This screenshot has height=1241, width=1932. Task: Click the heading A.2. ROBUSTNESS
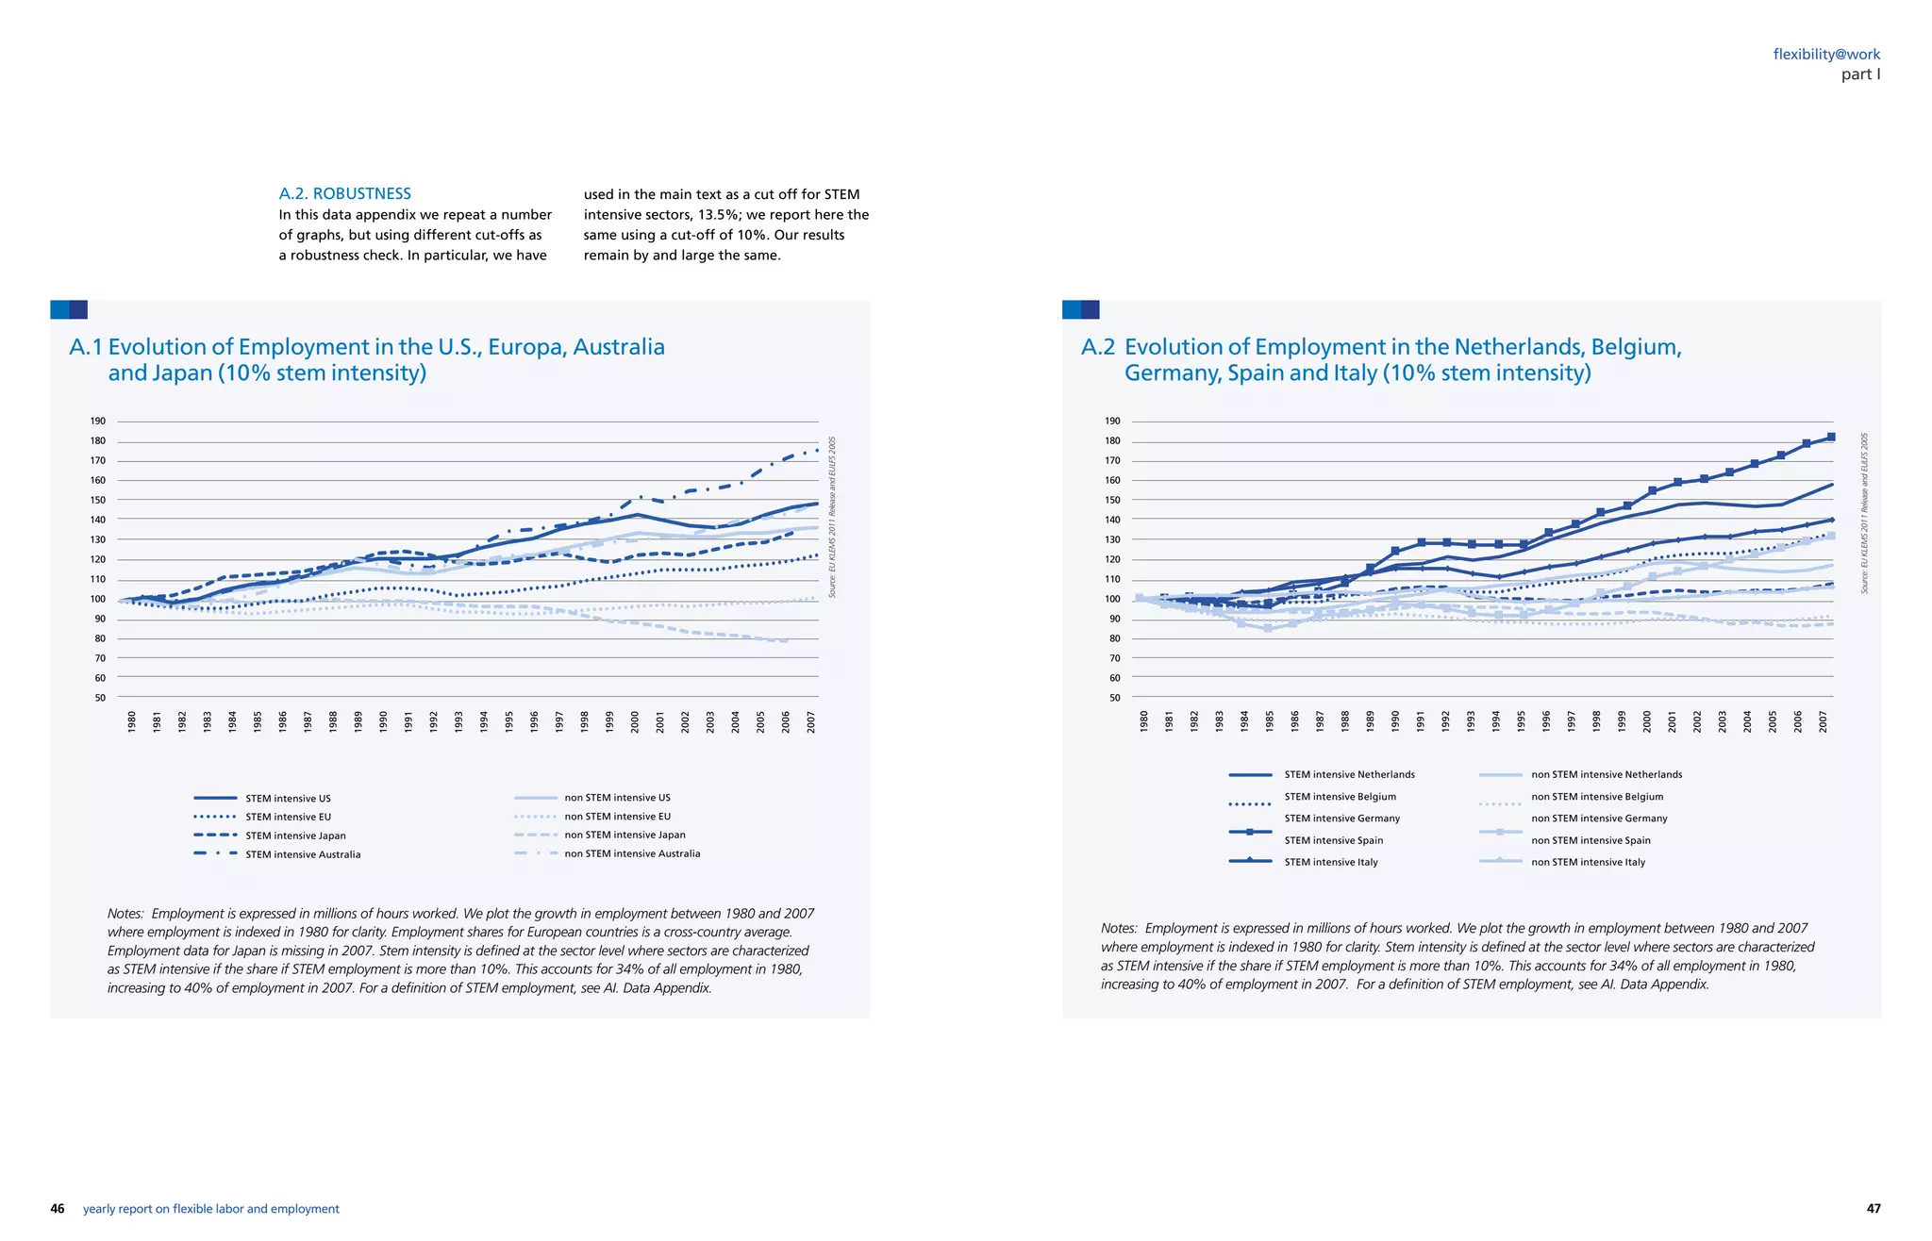[344, 193]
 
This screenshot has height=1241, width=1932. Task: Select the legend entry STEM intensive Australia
[303, 854]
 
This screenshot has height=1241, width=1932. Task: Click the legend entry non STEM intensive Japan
[625, 835]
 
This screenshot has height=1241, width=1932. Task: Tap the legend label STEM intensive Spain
[1333, 840]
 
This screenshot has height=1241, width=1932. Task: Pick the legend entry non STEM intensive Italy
[1588, 862]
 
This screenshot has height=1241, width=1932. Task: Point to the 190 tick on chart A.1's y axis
[99, 422]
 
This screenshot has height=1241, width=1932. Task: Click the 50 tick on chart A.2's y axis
[1114, 698]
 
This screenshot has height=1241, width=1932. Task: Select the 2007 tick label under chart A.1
[810, 722]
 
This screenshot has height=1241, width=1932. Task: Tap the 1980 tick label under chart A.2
[1143, 722]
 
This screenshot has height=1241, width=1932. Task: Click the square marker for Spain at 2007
[1831, 438]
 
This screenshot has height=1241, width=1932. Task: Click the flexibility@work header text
[1826, 55]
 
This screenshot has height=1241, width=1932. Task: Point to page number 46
[58, 1209]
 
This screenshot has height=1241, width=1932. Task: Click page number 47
[1874, 1209]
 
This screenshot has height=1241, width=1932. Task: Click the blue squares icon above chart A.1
[69, 309]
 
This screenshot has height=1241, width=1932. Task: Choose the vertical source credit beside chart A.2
[1864, 514]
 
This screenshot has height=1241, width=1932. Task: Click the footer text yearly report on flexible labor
[210, 1209]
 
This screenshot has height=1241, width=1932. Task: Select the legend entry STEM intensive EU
[288, 817]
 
